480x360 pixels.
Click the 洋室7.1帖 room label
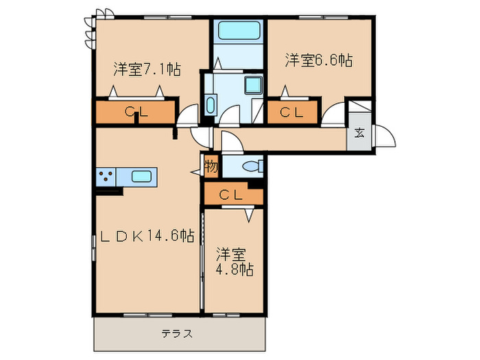(x=147, y=69)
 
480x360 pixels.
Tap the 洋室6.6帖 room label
(x=319, y=61)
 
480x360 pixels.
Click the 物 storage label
(x=211, y=166)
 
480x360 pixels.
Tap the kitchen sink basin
(x=142, y=177)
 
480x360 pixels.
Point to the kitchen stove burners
(x=106, y=177)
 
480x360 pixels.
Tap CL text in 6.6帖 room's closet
(x=293, y=112)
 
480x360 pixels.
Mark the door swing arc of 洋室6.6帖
(x=334, y=115)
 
